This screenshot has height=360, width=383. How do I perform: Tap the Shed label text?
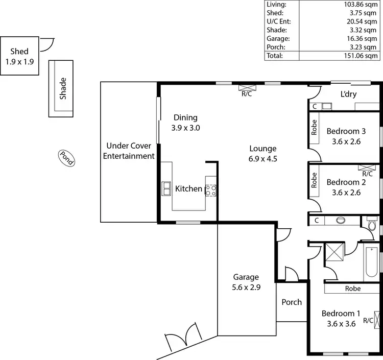coord(19,51)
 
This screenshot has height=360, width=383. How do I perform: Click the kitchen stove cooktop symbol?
coord(210,189)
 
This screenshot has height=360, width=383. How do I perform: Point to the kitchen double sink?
coord(166,189)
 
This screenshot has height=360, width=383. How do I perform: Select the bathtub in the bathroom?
coord(372,262)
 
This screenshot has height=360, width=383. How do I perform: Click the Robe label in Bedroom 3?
coord(314,127)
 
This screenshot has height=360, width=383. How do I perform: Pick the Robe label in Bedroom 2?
coord(314,180)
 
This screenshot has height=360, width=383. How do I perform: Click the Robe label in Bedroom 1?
coord(352,289)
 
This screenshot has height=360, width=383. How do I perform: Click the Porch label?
coord(292,302)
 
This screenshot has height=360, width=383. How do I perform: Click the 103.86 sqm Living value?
coord(363,4)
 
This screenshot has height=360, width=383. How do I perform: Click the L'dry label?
coord(348,94)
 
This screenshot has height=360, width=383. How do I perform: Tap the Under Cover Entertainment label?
coord(129,151)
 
